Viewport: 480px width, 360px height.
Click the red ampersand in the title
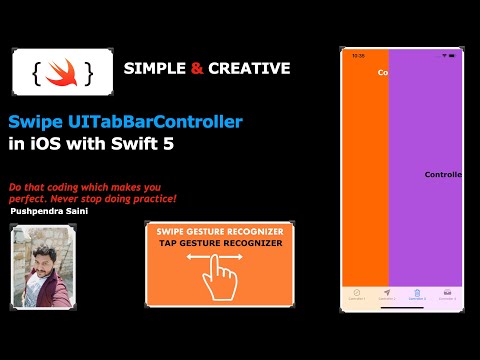pyautogui.click(x=197, y=68)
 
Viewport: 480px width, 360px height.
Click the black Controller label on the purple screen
pyautogui.click(x=444, y=174)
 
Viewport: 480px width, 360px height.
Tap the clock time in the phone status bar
pyautogui.click(x=358, y=56)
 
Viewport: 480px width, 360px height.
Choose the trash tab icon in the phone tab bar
pyautogui.click(x=416, y=294)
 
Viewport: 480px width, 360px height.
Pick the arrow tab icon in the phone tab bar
pyautogui.click(x=387, y=294)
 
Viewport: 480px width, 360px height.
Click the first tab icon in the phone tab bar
pyautogui.click(x=357, y=294)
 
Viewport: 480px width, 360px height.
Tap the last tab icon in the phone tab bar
pyautogui.click(x=446, y=294)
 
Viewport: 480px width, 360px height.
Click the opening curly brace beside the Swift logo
pyautogui.click(x=37, y=71)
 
